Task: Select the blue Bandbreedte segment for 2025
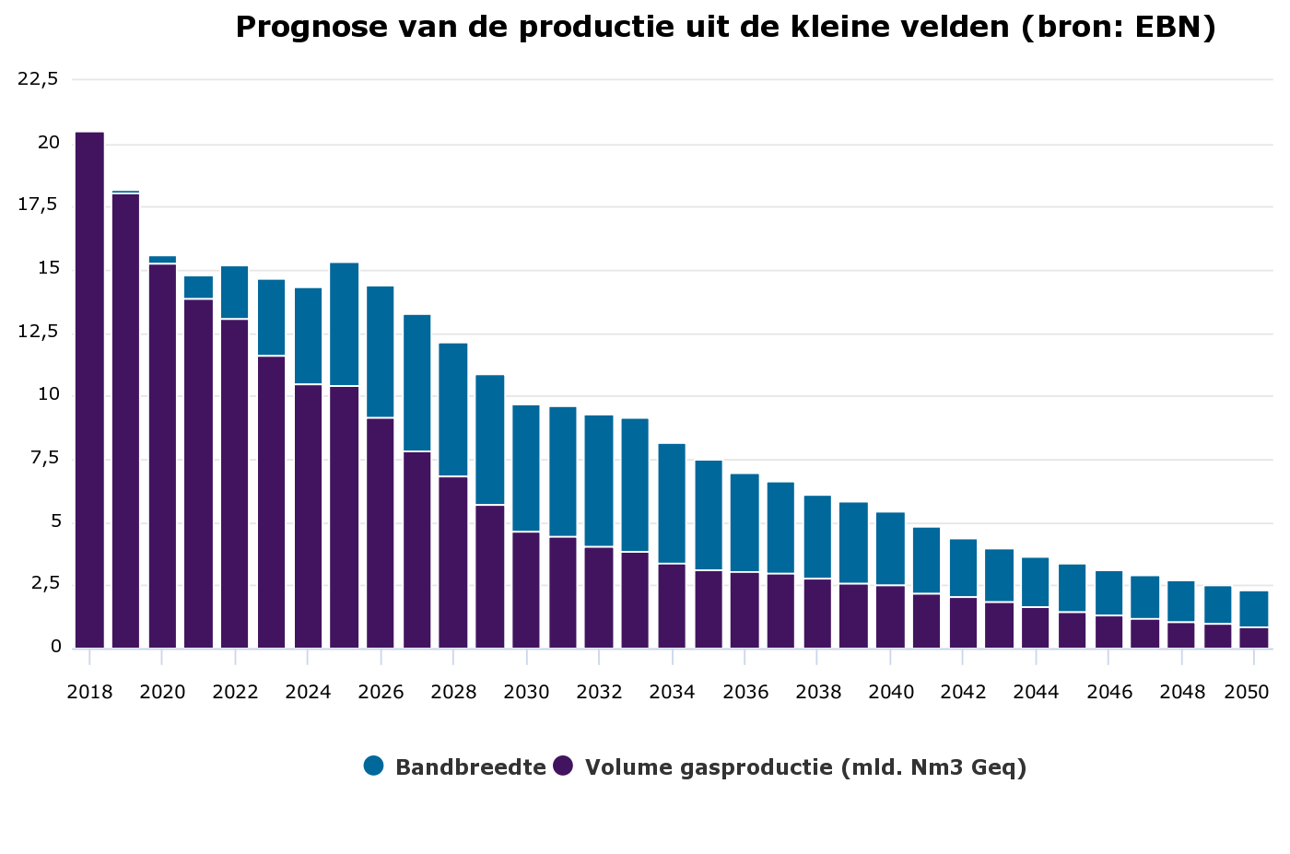point(344,324)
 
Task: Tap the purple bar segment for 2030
point(526,590)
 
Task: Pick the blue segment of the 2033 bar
point(635,485)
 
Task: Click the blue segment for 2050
point(1253,609)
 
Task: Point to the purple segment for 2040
point(890,616)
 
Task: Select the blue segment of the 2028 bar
point(453,410)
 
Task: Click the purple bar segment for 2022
point(235,484)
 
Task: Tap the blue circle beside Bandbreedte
point(373,766)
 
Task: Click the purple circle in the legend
point(563,766)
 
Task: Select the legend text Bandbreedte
point(470,767)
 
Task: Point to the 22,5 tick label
point(38,79)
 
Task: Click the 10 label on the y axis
point(48,395)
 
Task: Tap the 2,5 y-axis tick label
point(38,584)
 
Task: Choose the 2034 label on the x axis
point(672,692)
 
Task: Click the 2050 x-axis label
point(1246,692)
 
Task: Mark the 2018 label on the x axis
point(89,692)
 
